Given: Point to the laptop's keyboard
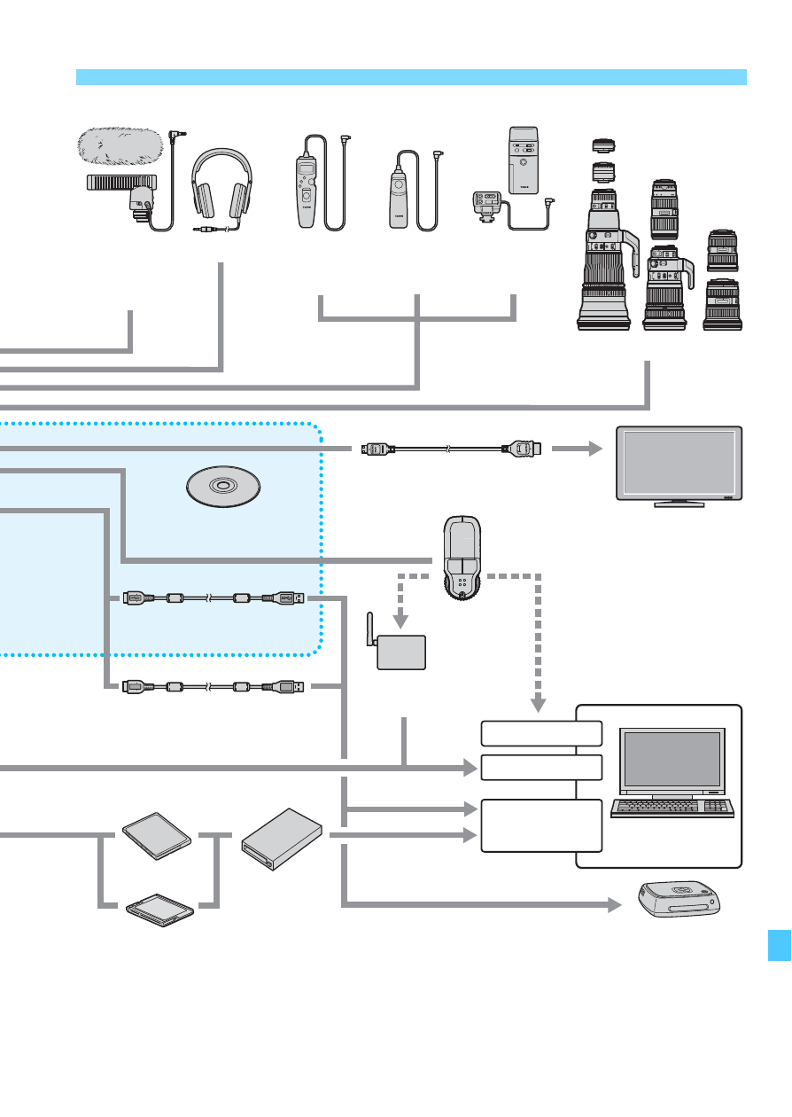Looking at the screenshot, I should click(x=672, y=808).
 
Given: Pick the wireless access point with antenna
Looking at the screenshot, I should click(x=400, y=652).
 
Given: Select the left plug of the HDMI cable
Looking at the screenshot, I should click(x=377, y=449).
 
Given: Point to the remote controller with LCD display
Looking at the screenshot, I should click(x=308, y=186).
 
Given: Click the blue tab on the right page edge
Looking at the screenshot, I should click(x=779, y=934).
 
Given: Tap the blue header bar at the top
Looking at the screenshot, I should click(x=411, y=77).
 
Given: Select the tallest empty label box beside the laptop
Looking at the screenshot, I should click(x=541, y=825).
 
